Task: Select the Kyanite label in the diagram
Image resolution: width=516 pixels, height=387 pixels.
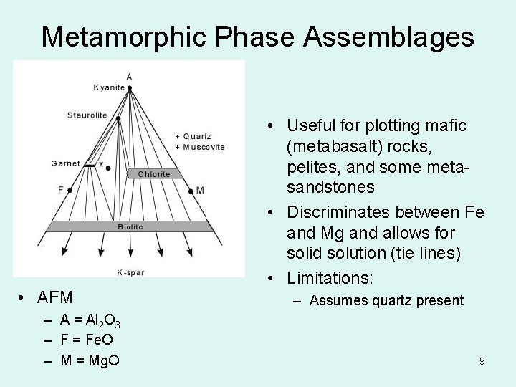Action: [109, 88]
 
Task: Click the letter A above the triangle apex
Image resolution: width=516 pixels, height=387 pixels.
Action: [129, 77]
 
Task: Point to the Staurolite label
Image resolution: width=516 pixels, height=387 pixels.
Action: [87, 115]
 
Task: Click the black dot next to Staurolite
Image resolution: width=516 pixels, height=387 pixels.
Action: [118, 118]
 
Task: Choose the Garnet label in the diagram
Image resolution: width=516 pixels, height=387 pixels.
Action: [65, 163]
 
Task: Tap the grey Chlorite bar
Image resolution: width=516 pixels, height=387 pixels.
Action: [154, 174]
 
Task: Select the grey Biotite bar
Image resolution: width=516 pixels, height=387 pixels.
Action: [130, 226]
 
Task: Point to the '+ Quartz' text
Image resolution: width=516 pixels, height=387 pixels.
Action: [193, 136]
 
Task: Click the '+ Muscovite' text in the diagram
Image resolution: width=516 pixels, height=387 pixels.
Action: [200, 147]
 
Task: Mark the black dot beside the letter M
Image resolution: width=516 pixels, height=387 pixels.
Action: [191, 191]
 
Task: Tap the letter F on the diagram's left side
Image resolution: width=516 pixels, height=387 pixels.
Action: [61, 190]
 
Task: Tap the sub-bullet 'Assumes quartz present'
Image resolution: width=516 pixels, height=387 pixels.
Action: [386, 301]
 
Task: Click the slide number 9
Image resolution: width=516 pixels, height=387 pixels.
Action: [482, 361]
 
